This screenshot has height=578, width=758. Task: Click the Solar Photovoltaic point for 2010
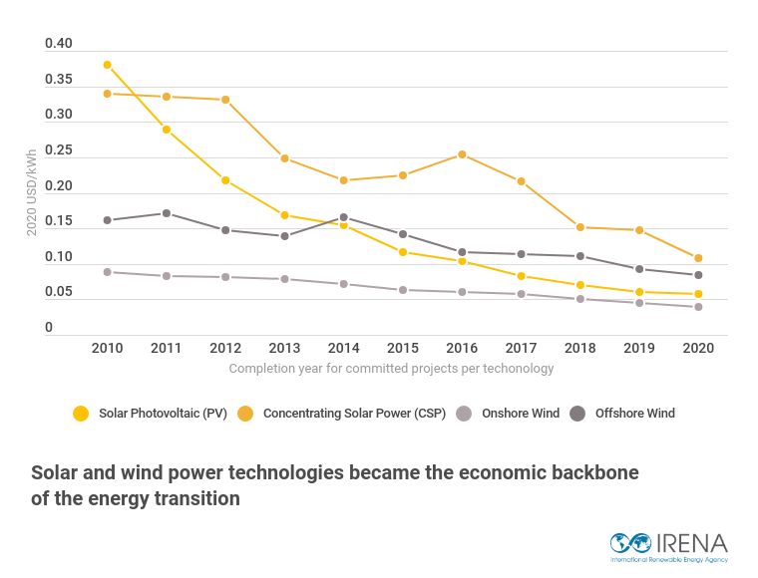(108, 65)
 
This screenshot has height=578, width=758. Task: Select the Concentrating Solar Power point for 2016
(462, 154)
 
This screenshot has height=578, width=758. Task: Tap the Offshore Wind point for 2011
(167, 213)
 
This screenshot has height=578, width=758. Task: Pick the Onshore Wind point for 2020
(698, 307)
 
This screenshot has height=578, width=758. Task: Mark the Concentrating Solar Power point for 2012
(225, 100)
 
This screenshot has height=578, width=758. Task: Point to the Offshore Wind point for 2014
(344, 217)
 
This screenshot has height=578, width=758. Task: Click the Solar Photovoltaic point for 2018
(580, 285)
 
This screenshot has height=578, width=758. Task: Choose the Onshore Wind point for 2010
(108, 272)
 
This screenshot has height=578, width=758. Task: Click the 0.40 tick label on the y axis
(59, 44)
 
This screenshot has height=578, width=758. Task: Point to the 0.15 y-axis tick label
(59, 221)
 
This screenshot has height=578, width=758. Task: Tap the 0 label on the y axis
(49, 328)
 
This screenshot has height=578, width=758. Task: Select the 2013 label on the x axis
(284, 348)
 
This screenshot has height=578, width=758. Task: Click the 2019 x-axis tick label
(639, 348)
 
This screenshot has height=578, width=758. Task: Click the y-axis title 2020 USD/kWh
(32, 192)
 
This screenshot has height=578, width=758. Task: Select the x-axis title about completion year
(391, 368)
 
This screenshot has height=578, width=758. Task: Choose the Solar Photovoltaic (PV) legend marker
(81, 414)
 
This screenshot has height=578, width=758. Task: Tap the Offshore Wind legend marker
(577, 414)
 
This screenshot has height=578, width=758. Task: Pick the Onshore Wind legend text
(521, 414)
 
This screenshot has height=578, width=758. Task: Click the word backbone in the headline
(590, 472)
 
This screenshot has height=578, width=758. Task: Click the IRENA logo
(669, 545)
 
